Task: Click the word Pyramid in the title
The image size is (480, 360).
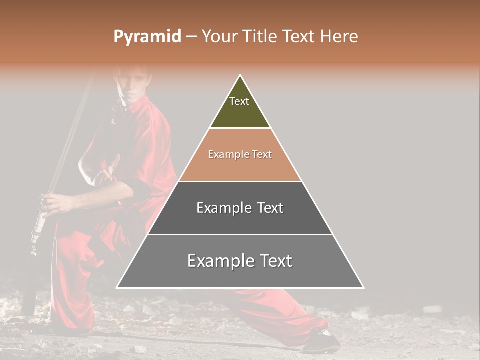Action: [147, 36]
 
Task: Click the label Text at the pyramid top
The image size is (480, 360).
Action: [239, 101]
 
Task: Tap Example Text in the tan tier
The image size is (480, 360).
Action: [240, 154]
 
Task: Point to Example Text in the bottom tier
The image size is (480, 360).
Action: [240, 261]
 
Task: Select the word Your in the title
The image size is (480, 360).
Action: [219, 36]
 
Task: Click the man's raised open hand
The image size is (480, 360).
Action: [111, 170]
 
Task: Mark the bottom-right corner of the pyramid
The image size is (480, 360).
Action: [363, 288]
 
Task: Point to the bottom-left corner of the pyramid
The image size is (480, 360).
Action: [117, 288]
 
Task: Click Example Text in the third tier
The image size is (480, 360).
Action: [240, 208]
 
